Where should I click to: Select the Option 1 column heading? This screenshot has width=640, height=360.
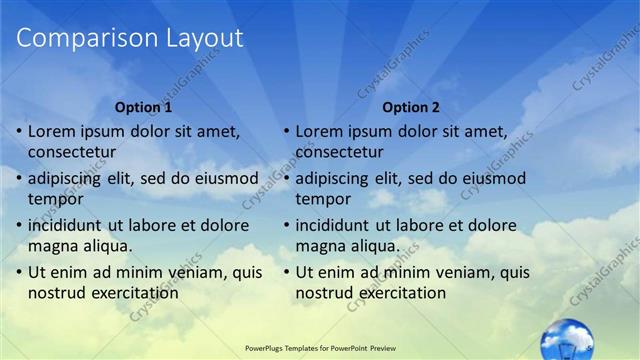pyautogui.click(x=143, y=106)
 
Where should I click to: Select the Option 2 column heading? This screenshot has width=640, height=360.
pyautogui.click(x=410, y=106)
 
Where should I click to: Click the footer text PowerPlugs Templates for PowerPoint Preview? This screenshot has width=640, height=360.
pyautogui.click(x=319, y=348)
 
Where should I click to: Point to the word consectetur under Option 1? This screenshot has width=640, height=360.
pyautogui.click(x=72, y=152)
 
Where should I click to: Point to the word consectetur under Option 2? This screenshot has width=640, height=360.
pyautogui.click(x=339, y=152)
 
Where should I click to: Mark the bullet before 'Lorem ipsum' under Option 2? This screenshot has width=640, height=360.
pyautogui.click(x=286, y=132)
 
